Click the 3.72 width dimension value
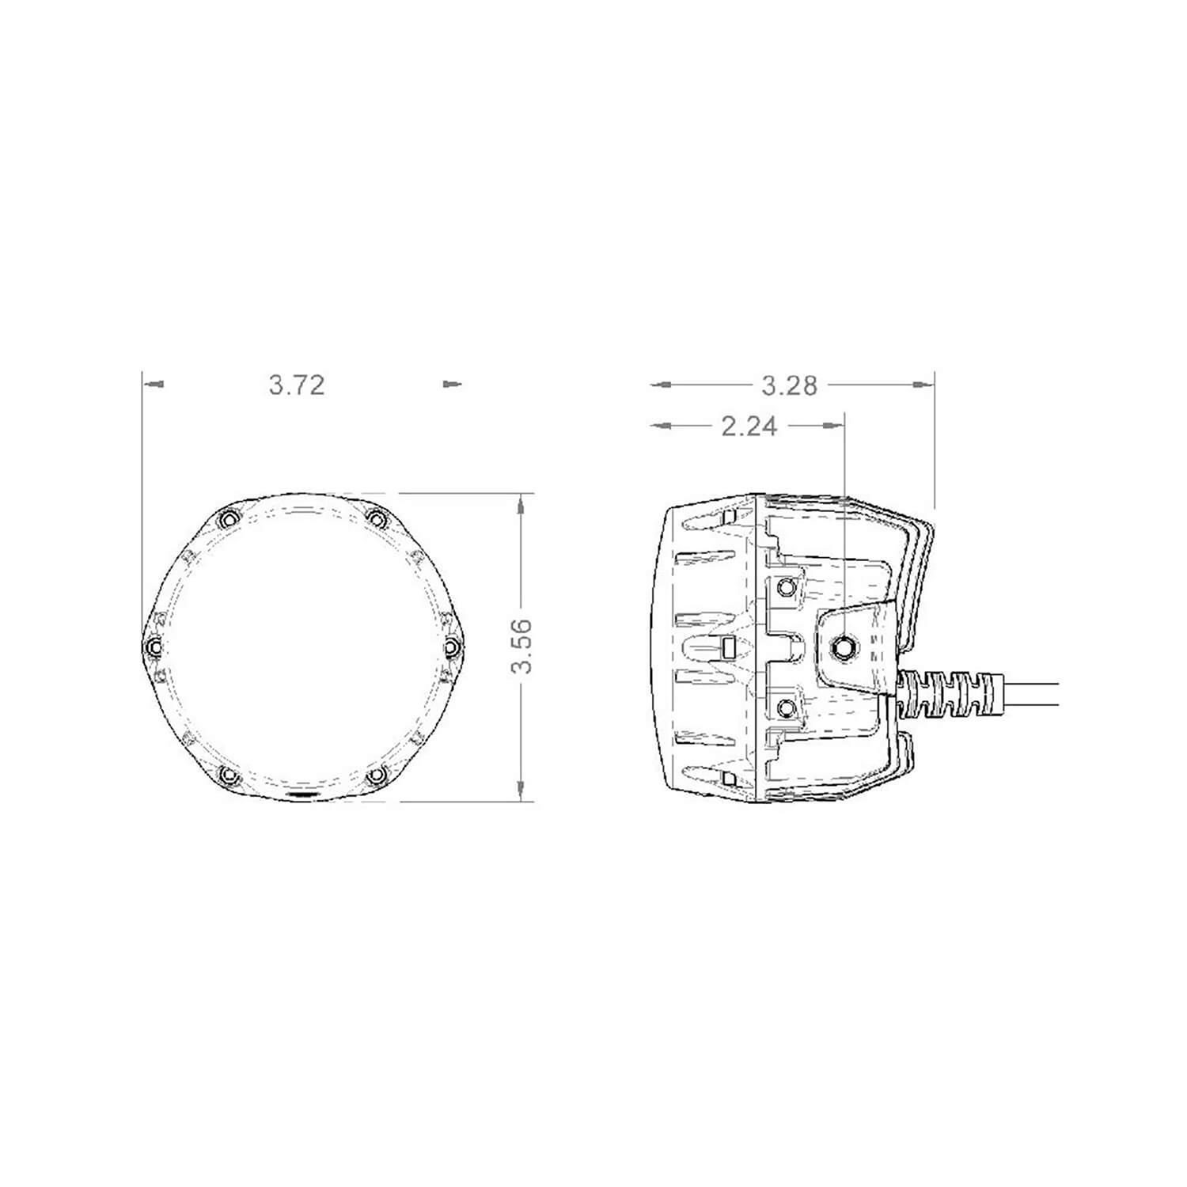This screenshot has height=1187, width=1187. pyautogui.click(x=297, y=385)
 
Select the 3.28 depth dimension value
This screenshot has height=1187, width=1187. pyautogui.click(x=789, y=385)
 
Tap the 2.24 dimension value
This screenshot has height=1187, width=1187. pyautogui.click(x=749, y=427)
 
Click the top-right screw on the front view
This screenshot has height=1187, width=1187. pyautogui.click(x=377, y=519)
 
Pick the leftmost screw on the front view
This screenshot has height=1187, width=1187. pyautogui.click(x=154, y=647)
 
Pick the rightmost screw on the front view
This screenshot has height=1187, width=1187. pyautogui.click(x=451, y=647)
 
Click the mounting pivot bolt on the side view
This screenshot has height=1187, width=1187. pyautogui.click(x=844, y=647)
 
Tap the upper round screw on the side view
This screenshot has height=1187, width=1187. pyautogui.click(x=787, y=587)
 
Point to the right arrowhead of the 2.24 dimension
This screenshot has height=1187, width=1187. pyautogui.click(x=834, y=427)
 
